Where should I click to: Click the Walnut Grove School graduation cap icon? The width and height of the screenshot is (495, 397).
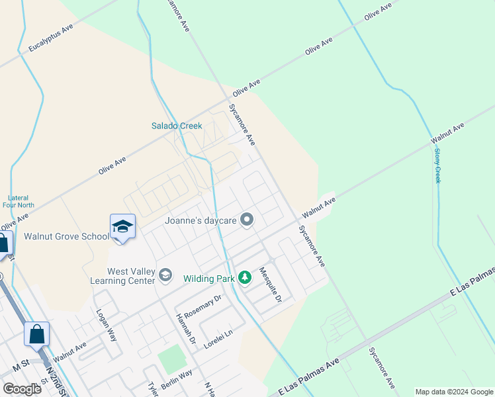coord(123,227)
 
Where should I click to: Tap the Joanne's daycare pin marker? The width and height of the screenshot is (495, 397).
coord(247,219)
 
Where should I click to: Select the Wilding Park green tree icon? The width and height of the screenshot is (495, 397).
coord(245,278)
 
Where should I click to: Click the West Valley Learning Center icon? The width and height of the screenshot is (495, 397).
coord(165,275)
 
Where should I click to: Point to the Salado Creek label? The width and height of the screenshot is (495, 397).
coord(177,126)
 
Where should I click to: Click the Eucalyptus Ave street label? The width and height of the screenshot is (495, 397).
coord(50,40)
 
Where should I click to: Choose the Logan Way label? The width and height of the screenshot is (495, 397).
coord(106,324)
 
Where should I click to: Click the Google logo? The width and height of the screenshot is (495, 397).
coord(22,389)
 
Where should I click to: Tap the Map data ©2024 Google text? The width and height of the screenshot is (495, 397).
coord(454,392)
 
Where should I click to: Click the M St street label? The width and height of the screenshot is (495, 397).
coord(22,367)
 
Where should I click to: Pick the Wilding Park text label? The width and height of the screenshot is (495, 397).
coord(209,279)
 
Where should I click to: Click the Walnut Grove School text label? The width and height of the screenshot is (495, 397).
coord(67,236)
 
